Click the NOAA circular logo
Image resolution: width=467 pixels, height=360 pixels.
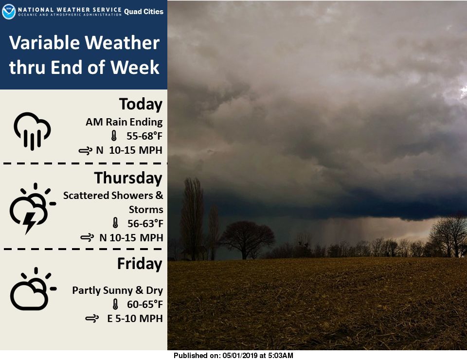pyautogui.click(x=9, y=12)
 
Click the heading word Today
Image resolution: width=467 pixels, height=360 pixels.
pyautogui.click(x=141, y=105)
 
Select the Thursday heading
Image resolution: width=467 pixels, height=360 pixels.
pyautogui.click(x=128, y=178)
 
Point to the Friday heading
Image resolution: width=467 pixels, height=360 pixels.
pyautogui.click(x=140, y=264)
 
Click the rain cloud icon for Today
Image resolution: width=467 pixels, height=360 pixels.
pyautogui.click(x=32, y=130)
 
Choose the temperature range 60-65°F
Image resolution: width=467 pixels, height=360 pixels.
pyautogui.click(x=144, y=305)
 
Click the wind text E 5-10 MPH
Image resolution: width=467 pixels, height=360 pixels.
pyautogui.click(x=135, y=319)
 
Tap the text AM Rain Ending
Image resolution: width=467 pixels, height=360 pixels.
pyautogui.click(x=124, y=122)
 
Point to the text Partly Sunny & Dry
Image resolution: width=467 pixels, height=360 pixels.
pyautogui.click(x=117, y=290)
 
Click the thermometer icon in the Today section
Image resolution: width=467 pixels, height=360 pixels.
pyautogui.click(x=114, y=137)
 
